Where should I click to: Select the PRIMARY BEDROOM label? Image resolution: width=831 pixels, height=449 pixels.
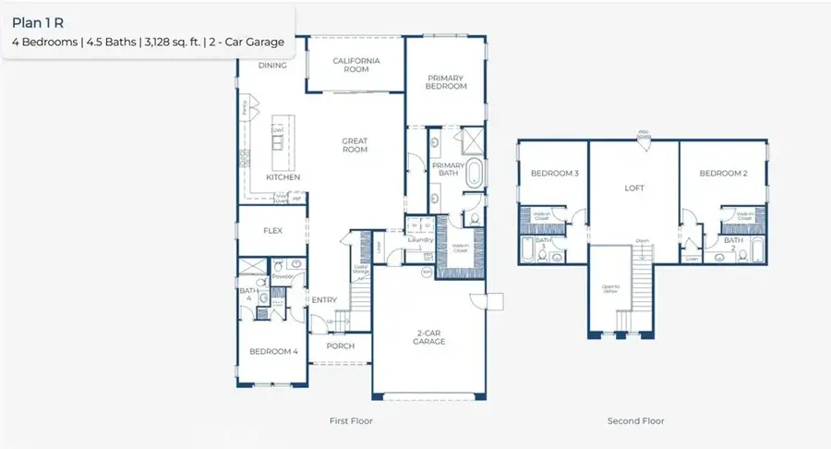[446, 81]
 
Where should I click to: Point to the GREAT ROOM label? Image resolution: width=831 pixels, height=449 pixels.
[355, 146]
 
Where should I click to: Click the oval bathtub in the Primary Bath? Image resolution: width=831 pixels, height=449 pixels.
[474, 174]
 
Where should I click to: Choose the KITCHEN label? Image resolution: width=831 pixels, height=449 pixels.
[283, 176]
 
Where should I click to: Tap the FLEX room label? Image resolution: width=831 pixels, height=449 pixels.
[272, 231]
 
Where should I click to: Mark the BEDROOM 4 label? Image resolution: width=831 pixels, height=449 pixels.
[272, 351]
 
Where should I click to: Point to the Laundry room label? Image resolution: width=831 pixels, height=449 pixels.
[421, 240]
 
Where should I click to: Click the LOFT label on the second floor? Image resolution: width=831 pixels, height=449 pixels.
[634, 188]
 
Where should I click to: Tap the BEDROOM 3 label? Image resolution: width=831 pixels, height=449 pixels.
[554, 174]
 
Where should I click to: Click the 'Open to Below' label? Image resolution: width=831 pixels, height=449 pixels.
[610, 290]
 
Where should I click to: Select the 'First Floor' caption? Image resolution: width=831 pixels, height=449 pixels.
[351, 421]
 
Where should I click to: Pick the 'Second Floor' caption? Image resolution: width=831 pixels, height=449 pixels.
[635, 421]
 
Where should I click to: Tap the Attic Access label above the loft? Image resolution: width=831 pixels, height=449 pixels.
[644, 134]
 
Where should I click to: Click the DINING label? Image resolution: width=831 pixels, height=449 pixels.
[272, 66]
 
